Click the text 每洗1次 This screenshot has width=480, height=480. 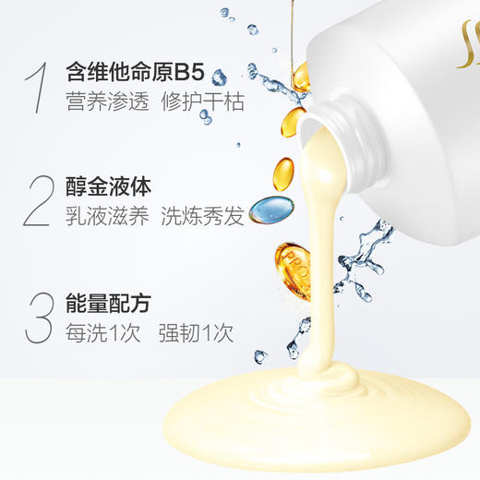pyautogui.click(x=102, y=332)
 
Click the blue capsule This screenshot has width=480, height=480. pyautogui.click(x=270, y=208)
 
